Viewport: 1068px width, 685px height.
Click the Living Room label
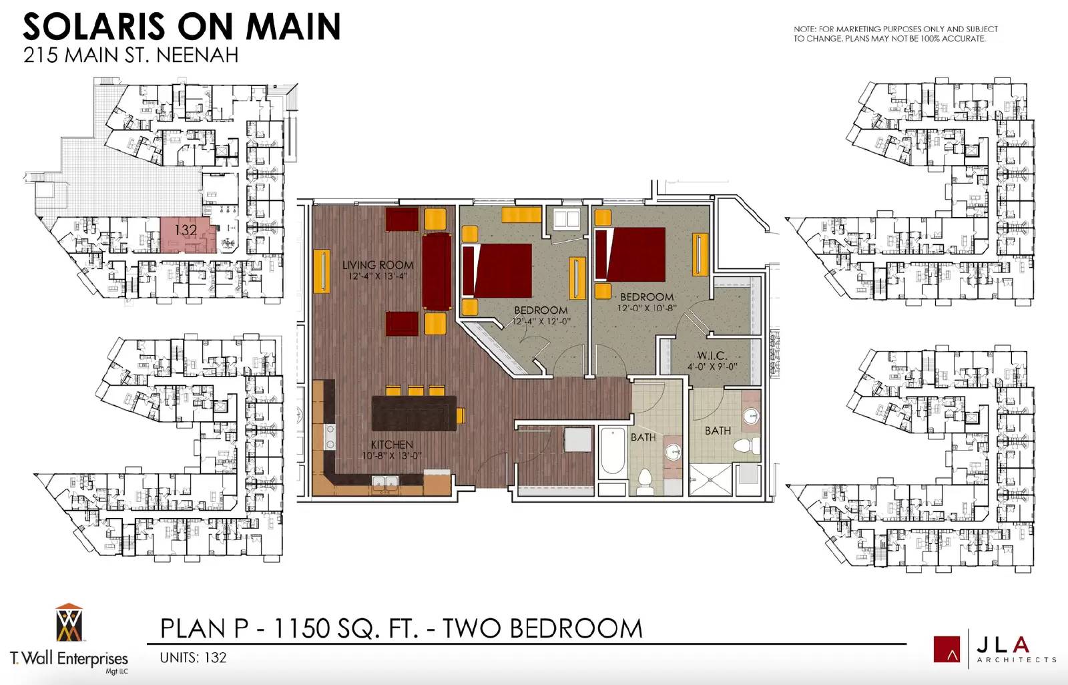pos(378,265)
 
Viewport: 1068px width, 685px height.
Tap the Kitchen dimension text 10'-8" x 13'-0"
pos(392,455)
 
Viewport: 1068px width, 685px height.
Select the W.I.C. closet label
pos(712,355)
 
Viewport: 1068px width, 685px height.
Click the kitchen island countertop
pos(414,413)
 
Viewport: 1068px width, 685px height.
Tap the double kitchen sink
pos(385,482)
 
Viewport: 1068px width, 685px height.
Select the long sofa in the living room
pos(437,272)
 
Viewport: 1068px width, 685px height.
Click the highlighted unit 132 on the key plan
pos(188,235)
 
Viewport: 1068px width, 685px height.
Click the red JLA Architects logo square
pos(947,649)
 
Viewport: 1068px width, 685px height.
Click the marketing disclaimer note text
pos(895,34)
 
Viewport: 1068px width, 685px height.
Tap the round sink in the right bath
pos(751,417)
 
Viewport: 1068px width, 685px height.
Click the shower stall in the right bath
pos(710,480)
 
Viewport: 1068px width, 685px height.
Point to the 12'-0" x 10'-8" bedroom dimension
pos(647,308)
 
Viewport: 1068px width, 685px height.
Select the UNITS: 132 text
pos(193,658)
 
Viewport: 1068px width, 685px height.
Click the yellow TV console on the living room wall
pos(322,271)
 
